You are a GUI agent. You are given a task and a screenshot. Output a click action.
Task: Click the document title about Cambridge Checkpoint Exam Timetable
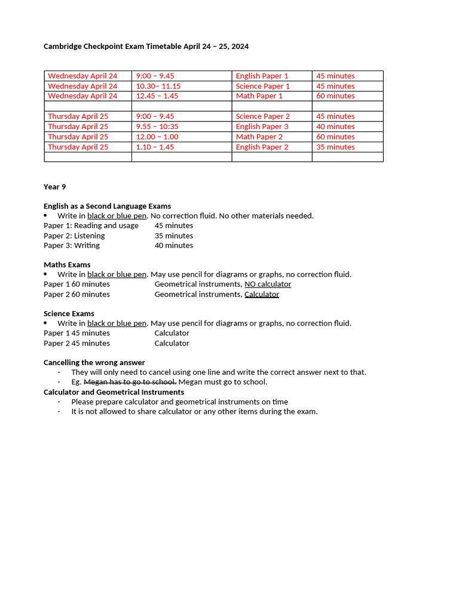coord(146,46)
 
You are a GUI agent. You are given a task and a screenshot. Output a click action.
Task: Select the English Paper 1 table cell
coord(262,76)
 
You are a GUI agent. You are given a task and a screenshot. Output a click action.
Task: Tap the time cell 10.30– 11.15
coord(158,86)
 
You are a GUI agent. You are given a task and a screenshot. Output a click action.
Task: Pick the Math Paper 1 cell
coord(259,96)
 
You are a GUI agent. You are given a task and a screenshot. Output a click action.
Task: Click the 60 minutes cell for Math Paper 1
coord(335,96)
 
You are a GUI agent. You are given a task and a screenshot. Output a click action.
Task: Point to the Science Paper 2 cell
coord(262,117)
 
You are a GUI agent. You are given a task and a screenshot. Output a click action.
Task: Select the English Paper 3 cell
coord(262,127)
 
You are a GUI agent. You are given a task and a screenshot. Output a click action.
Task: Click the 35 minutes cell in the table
coord(335,147)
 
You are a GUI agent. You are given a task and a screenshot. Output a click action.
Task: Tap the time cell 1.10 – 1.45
coord(155,147)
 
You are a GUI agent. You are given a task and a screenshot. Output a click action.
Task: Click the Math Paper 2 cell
coord(259,137)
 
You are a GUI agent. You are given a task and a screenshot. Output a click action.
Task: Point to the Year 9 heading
coord(55,186)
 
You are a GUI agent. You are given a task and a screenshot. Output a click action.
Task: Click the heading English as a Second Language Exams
coord(107,206)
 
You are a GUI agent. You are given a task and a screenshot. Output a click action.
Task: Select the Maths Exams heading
coord(67,265)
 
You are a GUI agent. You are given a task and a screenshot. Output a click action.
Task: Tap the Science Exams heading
coord(69,314)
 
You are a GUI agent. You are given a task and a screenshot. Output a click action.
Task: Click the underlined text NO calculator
coord(268,284)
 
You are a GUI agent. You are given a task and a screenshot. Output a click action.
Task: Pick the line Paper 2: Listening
coord(74,235)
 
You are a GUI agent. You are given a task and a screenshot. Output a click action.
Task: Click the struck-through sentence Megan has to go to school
coord(130,382)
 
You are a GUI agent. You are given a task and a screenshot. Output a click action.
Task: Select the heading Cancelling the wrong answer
coord(94,363)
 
